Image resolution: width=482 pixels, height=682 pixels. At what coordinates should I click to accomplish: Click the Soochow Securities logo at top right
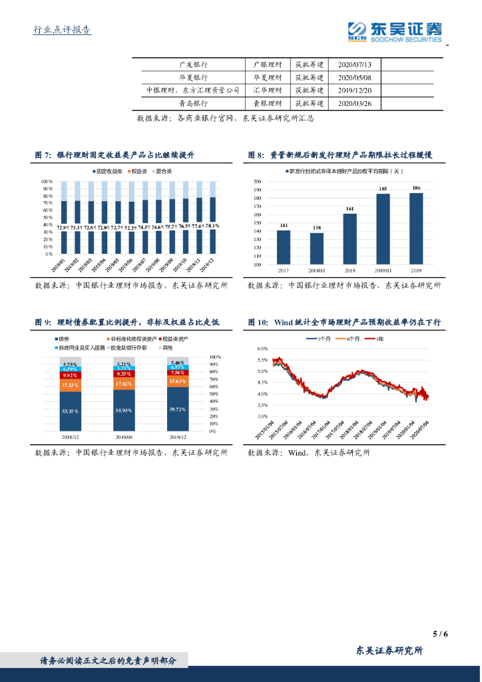coord(395,31)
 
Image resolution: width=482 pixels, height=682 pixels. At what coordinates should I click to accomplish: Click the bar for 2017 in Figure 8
coord(283,247)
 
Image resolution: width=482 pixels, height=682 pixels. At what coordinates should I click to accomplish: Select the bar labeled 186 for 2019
coord(416,228)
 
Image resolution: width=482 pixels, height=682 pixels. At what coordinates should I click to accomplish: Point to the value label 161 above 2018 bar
coord(350,208)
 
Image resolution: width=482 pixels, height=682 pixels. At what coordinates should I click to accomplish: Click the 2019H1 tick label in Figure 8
coord(383,270)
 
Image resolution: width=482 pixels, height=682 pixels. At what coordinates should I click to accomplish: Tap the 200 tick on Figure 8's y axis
coord(258,181)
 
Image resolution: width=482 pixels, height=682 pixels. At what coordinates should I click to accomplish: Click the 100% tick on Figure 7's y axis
coord(47,181)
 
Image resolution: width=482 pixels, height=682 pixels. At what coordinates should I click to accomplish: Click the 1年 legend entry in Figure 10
coord(377,339)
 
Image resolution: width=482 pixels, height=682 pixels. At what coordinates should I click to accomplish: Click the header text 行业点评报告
coord(62,29)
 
